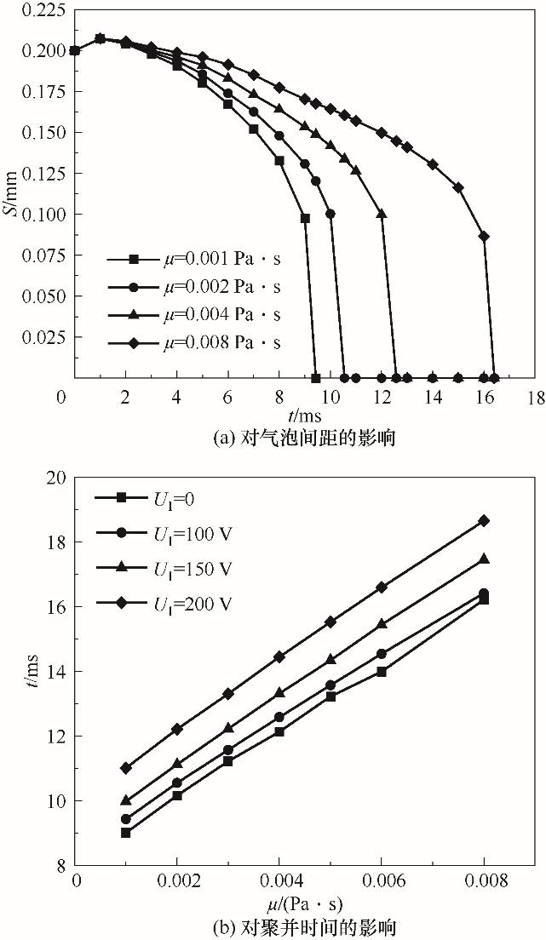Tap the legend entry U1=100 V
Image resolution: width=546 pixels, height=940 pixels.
[175, 533]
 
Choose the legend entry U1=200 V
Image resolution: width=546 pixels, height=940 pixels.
[175, 603]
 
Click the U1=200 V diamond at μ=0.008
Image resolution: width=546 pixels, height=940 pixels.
[484, 520]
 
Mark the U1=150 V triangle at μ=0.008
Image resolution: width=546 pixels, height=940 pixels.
[484, 559]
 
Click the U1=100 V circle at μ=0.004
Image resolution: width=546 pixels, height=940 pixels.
[279, 717]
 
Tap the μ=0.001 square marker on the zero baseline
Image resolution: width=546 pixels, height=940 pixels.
[316, 378]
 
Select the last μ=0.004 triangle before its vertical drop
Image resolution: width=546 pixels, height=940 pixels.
[382, 214]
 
